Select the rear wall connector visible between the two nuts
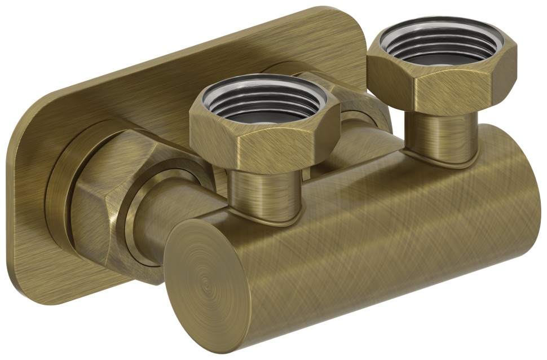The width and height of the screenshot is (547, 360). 361,107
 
